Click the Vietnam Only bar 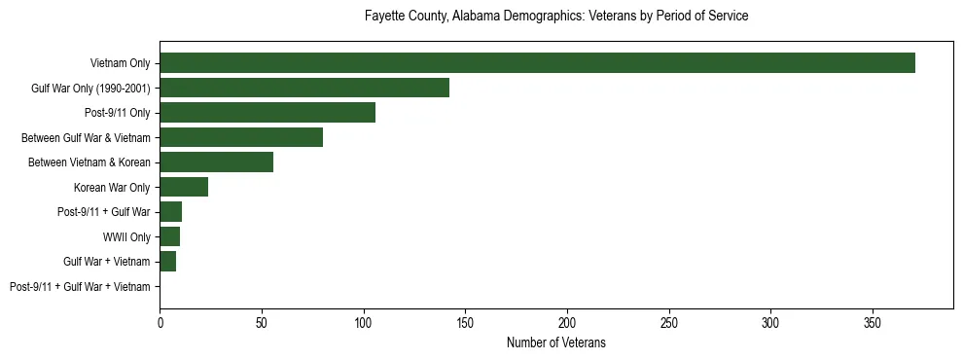click(x=537, y=63)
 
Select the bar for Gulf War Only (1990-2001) click(x=304, y=88)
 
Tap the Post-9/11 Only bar click(x=267, y=113)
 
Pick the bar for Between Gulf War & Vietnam click(x=241, y=137)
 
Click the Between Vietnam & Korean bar click(x=216, y=162)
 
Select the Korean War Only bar click(x=184, y=187)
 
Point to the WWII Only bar click(x=169, y=236)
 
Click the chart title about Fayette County click(x=556, y=17)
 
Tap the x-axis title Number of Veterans click(x=556, y=342)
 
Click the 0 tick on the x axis click(x=160, y=321)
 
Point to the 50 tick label click(x=262, y=321)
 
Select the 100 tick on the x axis click(x=363, y=321)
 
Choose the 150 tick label click(x=465, y=321)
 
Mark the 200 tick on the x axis click(x=567, y=321)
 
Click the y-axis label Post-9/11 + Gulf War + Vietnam click(x=80, y=287)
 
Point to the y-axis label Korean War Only click(x=112, y=187)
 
